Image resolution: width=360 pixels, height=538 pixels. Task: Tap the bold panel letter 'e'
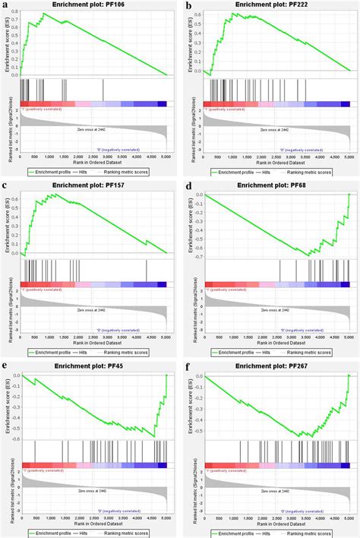7,367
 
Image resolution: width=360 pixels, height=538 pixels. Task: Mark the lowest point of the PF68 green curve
308,256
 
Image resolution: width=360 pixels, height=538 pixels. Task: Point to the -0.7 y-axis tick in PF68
196,256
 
